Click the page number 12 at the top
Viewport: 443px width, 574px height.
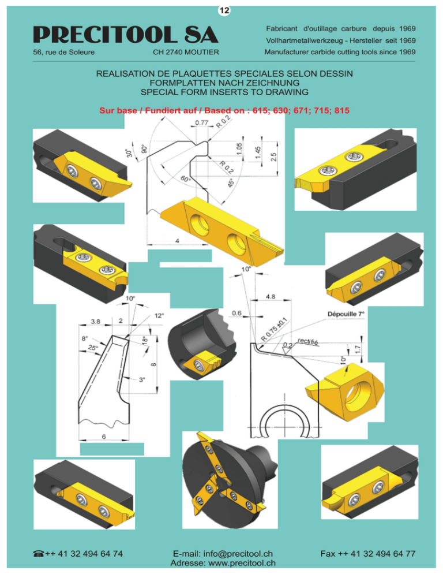(x=224, y=10)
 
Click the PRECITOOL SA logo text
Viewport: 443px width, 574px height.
(x=126, y=35)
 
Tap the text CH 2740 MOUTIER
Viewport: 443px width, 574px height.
(x=186, y=52)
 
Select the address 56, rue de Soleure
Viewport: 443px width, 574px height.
(x=63, y=52)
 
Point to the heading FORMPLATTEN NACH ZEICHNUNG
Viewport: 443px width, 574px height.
(x=224, y=83)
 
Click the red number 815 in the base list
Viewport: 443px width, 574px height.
(x=341, y=110)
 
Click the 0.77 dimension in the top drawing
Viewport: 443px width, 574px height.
(x=201, y=122)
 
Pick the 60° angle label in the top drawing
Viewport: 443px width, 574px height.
(x=186, y=179)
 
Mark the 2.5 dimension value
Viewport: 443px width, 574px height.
(x=273, y=156)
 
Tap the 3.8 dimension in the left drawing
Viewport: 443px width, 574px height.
(x=96, y=321)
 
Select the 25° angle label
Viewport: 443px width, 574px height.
(x=93, y=348)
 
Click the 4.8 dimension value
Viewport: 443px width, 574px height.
(x=271, y=296)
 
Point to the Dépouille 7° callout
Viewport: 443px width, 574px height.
(x=346, y=314)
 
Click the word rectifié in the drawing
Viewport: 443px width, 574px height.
(x=307, y=341)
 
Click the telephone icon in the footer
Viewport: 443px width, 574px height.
(x=39, y=553)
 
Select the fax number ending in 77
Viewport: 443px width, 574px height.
(x=368, y=553)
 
